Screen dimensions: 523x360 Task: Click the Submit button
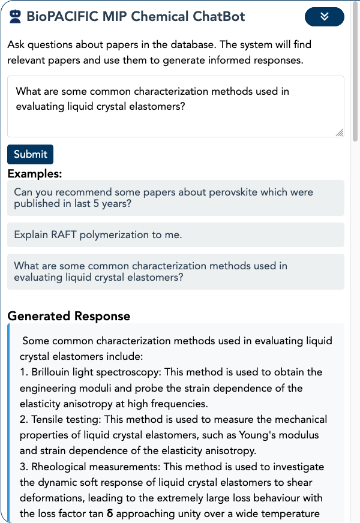(x=31, y=154)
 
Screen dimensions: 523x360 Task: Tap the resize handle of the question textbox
(x=339, y=132)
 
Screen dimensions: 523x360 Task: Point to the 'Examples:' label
(x=35, y=175)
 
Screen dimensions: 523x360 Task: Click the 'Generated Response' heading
(x=68, y=316)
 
